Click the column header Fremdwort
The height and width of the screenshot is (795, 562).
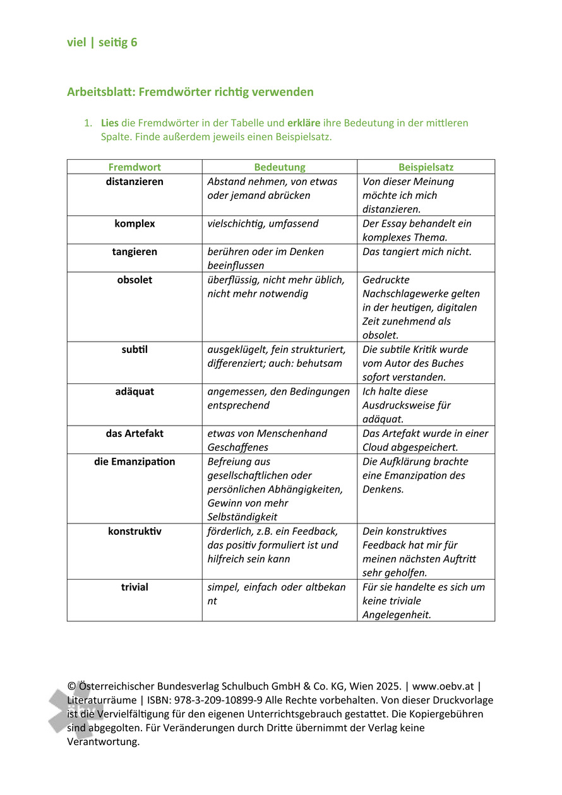(135, 167)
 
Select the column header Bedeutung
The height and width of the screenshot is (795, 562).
(279, 167)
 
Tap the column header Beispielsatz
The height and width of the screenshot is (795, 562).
(426, 167)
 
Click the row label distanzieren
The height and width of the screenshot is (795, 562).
(135, 182)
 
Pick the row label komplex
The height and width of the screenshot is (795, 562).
(135, 224)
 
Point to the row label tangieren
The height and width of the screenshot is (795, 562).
(135, 252)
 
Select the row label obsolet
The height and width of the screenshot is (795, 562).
(135, 280)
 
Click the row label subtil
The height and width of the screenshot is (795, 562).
(135, 349)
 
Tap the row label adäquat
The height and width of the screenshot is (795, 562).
(135, 392)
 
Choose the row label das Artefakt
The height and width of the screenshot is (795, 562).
(135, 434)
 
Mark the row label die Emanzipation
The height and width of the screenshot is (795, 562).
(135, 462)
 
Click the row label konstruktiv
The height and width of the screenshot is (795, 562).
(135, 532)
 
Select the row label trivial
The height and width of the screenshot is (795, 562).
(135, 587)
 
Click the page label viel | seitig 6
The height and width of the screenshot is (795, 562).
(102, 43)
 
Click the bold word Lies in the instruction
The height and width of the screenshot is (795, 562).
(109, 123)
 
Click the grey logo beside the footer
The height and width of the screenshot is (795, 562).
(75, 710)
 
